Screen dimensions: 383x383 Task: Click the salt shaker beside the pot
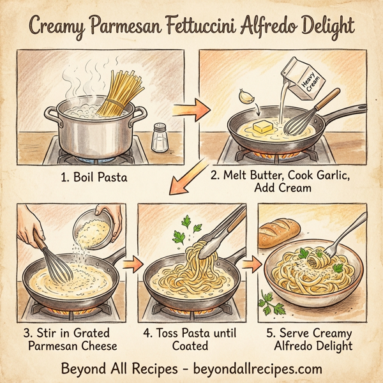[x=160, y=137]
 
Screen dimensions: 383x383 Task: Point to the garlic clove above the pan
[x=245, y=96]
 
